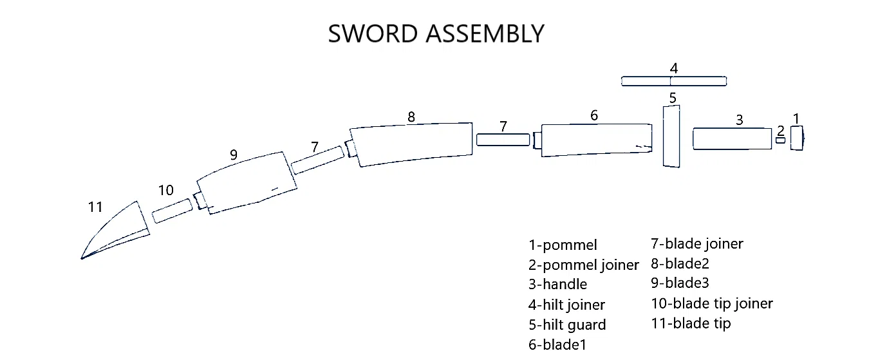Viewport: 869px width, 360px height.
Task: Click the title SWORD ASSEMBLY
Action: pyautogui.click(x=436, y=33)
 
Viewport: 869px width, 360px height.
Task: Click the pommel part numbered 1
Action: pyautogui.click(x=797, y=138)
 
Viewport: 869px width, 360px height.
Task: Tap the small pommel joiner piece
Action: pyautogui.click(x=780, y=140)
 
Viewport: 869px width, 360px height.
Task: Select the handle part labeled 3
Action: pyautogui.click(x=732, y=138)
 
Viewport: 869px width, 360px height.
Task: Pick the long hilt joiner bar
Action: pyautogui.click(x=674, y=81)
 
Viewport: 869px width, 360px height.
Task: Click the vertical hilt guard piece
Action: pyautogui.click(x=671, y=137)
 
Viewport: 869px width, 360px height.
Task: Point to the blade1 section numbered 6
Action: pyautogui.click(x=595, y=140)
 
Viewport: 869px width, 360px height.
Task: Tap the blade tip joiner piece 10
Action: pyautogui.click(x=172, y=211)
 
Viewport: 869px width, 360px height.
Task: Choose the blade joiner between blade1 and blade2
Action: pyautogui.click(x=503, y=139)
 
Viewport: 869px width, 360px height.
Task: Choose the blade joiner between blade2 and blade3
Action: pyautogui.click(x=317, y=160)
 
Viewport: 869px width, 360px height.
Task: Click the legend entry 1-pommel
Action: pyautogui.click(x=563, y=245)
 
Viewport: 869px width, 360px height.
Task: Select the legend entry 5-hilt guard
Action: pyautogui.click(x=567, y=325)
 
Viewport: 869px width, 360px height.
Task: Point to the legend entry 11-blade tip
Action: pyautogui.click(x=691, y=323)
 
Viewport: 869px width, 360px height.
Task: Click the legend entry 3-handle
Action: pyautogui.click(x=557, y=285)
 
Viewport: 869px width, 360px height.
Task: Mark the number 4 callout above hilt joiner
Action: pyautogui.click(x=673, y=68)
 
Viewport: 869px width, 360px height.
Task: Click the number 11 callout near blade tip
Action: pyautogui.click(x=95, y=207)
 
